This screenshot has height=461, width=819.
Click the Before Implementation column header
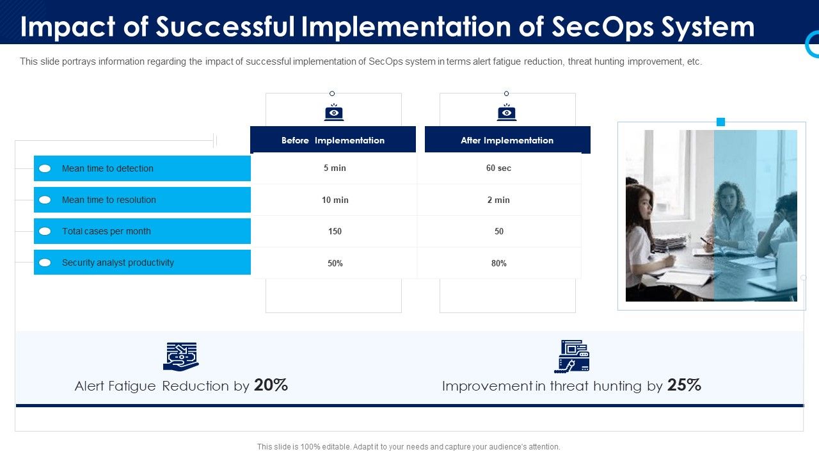tap(333, 140)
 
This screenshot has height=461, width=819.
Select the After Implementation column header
tap(507, 140)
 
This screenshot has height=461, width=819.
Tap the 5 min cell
tap(335, 168)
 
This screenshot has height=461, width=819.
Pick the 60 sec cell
tap(498, 168)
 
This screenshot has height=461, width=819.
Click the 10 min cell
tap(335, 200)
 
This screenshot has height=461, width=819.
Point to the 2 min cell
tap(498, 200)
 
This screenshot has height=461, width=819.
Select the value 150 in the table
tap(335, 231)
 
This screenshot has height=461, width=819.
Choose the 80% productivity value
tap(498, 263)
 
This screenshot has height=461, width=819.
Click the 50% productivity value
tap(335, 263)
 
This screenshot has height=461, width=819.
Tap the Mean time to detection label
tap(107, 168)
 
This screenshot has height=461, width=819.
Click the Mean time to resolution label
tap(109, 200)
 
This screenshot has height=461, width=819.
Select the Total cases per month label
tap(106, 231)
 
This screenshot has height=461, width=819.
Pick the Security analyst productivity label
tap(118, 263)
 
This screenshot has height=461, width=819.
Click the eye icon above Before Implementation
tap(333, 113)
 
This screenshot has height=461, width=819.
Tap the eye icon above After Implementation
tap(507, 113)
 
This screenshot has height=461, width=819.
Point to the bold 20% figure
tap(271, 385)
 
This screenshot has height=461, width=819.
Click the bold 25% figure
tap(684, 385)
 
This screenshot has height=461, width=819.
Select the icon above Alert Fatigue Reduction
tap(181, 357)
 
